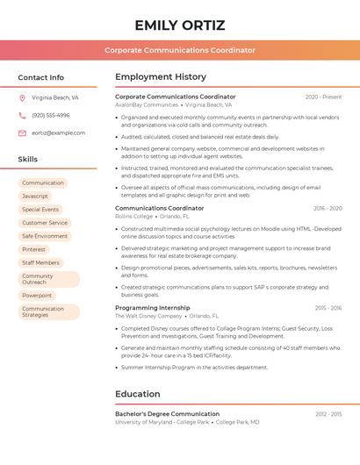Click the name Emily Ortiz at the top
click(180, 25)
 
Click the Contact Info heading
click(41, 77)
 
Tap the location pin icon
click(22, 98)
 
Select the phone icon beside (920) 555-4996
click(22, 115)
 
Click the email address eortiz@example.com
click(58, 132)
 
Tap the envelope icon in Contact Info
click(22, 132)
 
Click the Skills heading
click(28, 159)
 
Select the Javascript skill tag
click(35, 196)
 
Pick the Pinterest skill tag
click(33, 249)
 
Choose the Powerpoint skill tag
click(37, 296)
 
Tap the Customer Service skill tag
click(45, 223)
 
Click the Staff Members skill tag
click(40, 262)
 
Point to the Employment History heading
click(161, 77)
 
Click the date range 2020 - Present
click(323, 97)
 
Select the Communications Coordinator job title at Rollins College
click(159, 208)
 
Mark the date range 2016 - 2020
click(328, 209)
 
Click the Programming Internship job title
click(152, 308)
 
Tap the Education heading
click(137, 394)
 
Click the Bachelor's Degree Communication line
click(167, 413)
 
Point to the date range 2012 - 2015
click(328, 414)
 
